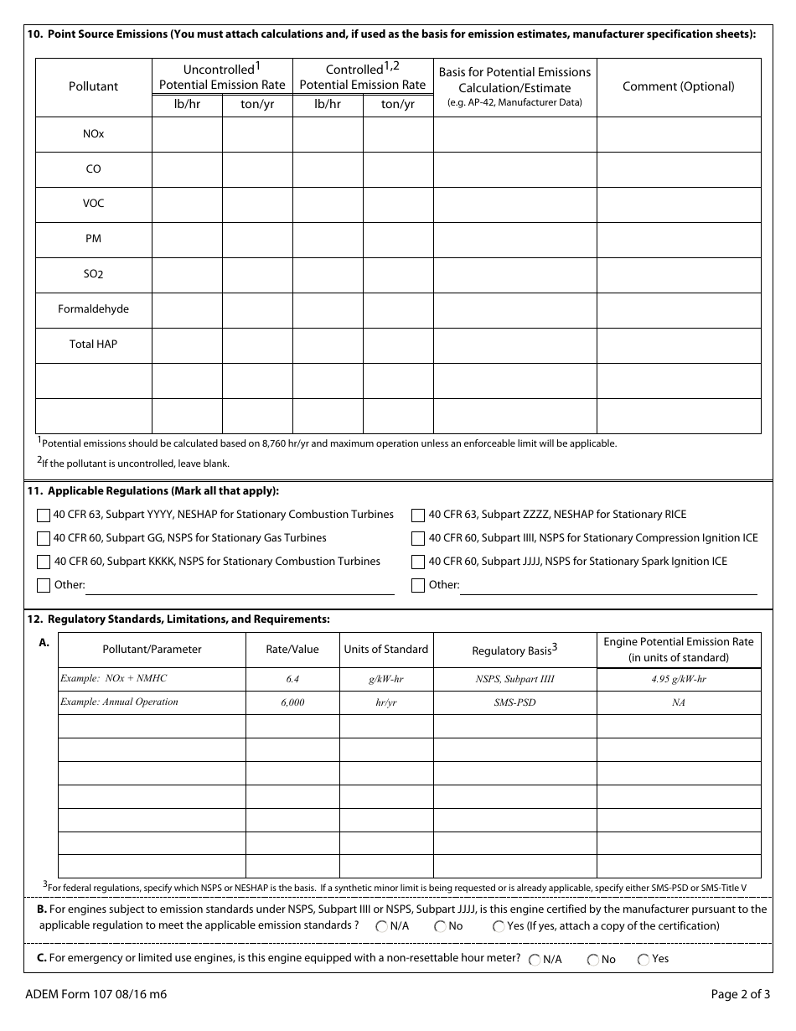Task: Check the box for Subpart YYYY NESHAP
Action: coord(43,515)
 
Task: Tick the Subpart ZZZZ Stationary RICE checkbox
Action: coord(418,515)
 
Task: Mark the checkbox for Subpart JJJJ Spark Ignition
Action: coord(418,562)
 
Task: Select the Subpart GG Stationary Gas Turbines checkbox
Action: coord(43,538)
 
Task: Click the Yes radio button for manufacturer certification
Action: coord(499,926)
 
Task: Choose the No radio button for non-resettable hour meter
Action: coord(593,960)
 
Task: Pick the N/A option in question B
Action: coord(382,926)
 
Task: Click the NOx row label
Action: coord(93,134)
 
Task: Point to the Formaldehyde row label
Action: coord(93,309)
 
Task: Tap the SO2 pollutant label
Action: coord(93,274)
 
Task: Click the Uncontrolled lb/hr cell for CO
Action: coord(187,169)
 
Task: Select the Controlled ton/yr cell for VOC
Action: coord(397,204)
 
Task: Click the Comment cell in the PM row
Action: coord(678,239)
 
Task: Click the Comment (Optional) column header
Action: coord(678,86)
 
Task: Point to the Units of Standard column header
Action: coord(385,650)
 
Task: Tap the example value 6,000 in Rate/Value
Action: coord(292,702)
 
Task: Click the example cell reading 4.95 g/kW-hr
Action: coord(678,679)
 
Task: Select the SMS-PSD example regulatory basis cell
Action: coord(514,702)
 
